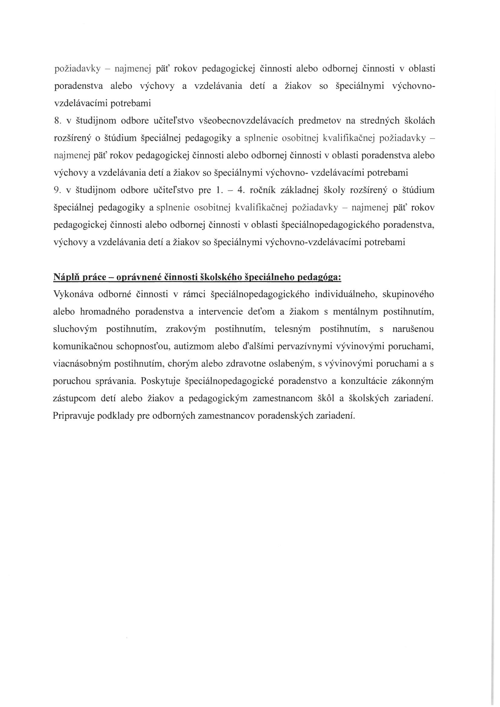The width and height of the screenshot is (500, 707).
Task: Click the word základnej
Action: (x=298, y=190)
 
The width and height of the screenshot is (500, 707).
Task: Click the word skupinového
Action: (x=408, y=294)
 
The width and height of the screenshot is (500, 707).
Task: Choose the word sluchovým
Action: (x=75, y=329)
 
